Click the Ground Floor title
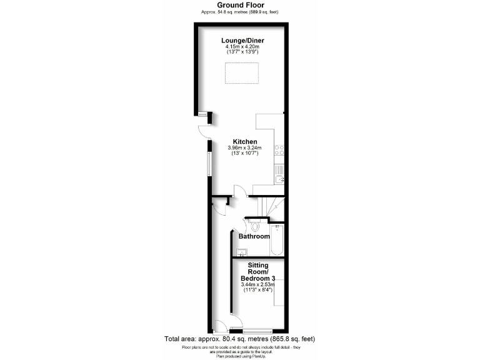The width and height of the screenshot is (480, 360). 239,5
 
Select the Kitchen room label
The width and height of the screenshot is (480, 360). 245,142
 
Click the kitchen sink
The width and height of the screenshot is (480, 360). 279,178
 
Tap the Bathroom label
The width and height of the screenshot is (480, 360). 254,236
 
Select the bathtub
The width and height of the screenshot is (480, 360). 277,240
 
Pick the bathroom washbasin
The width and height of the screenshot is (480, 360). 242,252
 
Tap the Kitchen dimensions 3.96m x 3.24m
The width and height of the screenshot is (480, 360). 245,148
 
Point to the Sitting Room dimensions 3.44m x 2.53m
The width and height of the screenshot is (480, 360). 257,285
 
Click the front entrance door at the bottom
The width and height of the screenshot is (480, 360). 220,326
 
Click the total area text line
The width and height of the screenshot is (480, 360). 239,339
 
